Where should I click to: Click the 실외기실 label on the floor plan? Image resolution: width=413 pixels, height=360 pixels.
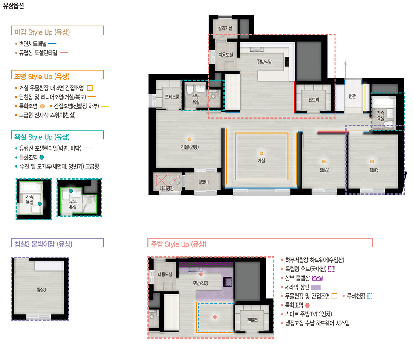pyautogui.click(x=225, y=28)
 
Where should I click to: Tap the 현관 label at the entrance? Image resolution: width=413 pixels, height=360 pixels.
pyautogui.click(x=352, y=96)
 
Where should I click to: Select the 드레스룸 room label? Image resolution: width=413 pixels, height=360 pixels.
pyautogui.click(x=172, y=97)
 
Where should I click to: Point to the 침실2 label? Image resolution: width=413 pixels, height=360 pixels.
pyautogui.click(x=324, y=170)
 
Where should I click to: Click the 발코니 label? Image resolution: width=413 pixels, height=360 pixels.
pyautogui.click(x=203, y=182)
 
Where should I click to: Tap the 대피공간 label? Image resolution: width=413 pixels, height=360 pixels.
pyautogui.click(x=167, y=188)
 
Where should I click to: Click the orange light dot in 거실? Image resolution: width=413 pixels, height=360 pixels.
pyautogui.click(x=261, y=154)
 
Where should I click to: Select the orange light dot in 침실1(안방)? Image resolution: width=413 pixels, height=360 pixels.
pyautogui.click(x=189, y=139)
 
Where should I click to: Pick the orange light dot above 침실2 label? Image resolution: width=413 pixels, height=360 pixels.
pyautogui.click(x=324, y=162)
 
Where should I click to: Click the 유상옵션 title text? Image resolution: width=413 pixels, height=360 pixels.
pyautogui.click(x=13, y=6)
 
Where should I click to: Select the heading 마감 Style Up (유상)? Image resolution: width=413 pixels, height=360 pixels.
pyautogui.click(x=42, y=32)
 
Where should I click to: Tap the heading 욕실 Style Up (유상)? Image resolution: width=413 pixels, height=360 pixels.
pyautogui.click(x=42, y=137)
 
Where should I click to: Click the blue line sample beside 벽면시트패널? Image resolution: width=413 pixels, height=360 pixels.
pyautogui.click(x=52, y=43)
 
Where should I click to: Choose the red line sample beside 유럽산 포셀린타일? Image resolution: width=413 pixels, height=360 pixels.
pyautogui.click(x=64, y=52)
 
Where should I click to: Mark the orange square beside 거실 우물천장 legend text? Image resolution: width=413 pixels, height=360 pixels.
pyautogui.click(x=90, y=88)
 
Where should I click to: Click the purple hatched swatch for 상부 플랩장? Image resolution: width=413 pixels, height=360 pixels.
pyautogui.click(x=318, y=278)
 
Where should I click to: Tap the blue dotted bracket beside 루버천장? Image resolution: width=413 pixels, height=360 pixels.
pyautogui.click(x=370, y=296)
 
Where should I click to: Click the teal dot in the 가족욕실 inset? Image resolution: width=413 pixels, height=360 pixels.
pyautogui.click(x=40, y=203)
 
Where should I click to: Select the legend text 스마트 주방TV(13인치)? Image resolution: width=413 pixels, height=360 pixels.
pyautogui.click(x=308, y=314)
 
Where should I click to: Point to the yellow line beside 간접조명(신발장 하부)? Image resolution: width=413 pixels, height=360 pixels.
pyautogui.click(x=105, y=107)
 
